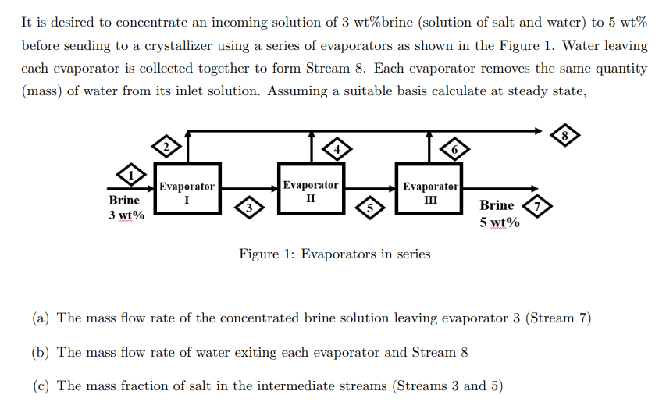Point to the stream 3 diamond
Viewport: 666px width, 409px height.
[x=249, y=208]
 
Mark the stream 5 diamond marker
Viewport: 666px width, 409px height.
[x=372, y=208]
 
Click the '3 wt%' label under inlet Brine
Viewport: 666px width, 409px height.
[x=126, y=215]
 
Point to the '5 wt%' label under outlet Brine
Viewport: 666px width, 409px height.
[x=500, y=222]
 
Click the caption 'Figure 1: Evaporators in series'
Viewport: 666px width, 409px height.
[x=334, y=254]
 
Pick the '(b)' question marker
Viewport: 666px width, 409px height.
[x=42, y=352]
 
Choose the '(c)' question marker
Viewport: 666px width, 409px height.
[x=42, y=386]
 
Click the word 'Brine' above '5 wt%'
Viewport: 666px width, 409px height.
[x=497, y=205]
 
